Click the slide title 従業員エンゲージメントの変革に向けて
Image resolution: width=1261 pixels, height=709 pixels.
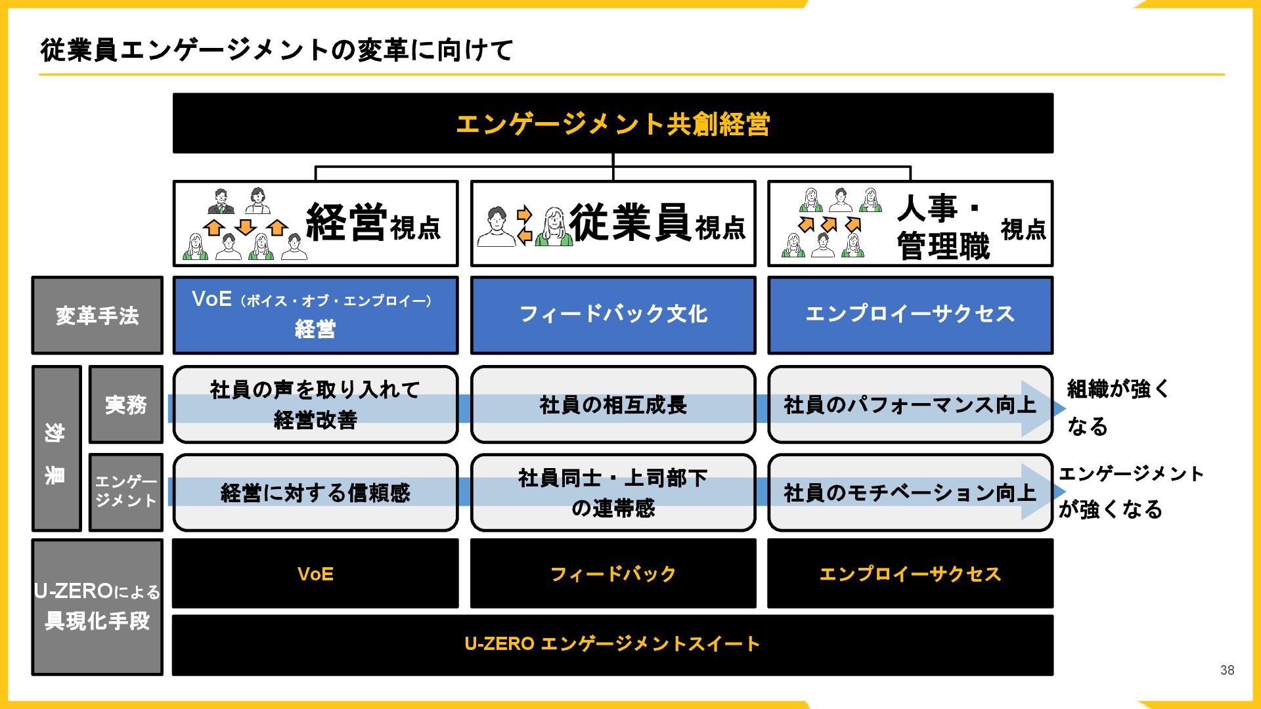(277, 51)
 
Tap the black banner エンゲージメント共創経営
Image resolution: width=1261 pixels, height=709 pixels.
(612, 123)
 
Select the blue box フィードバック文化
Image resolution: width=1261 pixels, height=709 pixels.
(613, 314)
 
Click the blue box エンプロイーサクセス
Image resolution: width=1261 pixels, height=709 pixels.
(910, 314)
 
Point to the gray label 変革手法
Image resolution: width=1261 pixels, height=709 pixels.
(97, 316)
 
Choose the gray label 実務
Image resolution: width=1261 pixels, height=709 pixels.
(125, 404)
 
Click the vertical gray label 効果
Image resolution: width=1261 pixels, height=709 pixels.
(56, 448)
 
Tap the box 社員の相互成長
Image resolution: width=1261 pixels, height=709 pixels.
(613, 405)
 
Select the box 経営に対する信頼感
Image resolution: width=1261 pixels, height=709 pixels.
(315, 492)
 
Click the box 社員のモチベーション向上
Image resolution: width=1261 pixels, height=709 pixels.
(910, 492)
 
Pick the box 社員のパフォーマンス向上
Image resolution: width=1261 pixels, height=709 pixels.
(910, 405)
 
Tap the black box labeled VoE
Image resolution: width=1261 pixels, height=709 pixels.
(315, 574)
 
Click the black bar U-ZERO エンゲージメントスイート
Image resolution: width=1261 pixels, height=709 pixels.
(612, 644)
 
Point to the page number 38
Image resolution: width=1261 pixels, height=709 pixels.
(1227, 670)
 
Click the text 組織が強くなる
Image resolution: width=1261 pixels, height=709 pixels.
(1117, 407)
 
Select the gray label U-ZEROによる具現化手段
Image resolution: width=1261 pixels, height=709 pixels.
(97, 607)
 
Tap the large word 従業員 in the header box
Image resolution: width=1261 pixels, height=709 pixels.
(629, 223)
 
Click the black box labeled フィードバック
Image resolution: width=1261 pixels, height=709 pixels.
(613, 574)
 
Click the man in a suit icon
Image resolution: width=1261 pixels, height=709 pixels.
(221, 201)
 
